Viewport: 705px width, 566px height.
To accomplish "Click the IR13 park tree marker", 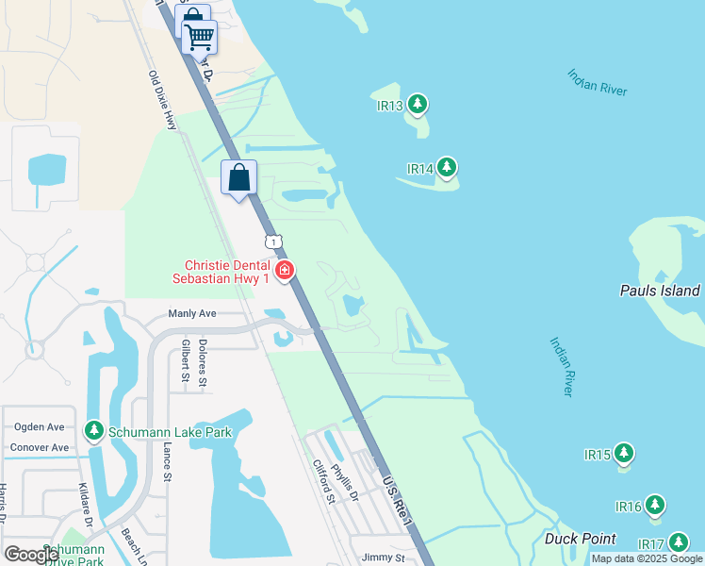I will [418, 104].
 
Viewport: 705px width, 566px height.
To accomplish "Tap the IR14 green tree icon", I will [447, 168].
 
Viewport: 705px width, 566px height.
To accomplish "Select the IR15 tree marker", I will [624, 454].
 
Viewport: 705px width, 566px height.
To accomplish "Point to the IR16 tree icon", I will [655, 506].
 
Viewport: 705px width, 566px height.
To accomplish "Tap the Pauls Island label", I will [660, 291].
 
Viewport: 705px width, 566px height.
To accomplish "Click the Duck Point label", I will [581, 540].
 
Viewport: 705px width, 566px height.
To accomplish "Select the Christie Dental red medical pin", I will [284, 271].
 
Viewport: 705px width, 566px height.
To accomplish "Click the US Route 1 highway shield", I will [273, 242].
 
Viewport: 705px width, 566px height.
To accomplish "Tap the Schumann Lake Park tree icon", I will [93, 431].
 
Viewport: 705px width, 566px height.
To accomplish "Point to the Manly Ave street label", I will [192, 313].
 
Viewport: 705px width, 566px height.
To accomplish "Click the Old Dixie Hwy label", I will [162, 100].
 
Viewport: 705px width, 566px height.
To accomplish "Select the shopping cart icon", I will [199, 38].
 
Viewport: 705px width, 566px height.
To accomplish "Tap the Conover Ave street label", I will [40, 447].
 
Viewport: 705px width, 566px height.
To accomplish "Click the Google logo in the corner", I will [31, 555].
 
